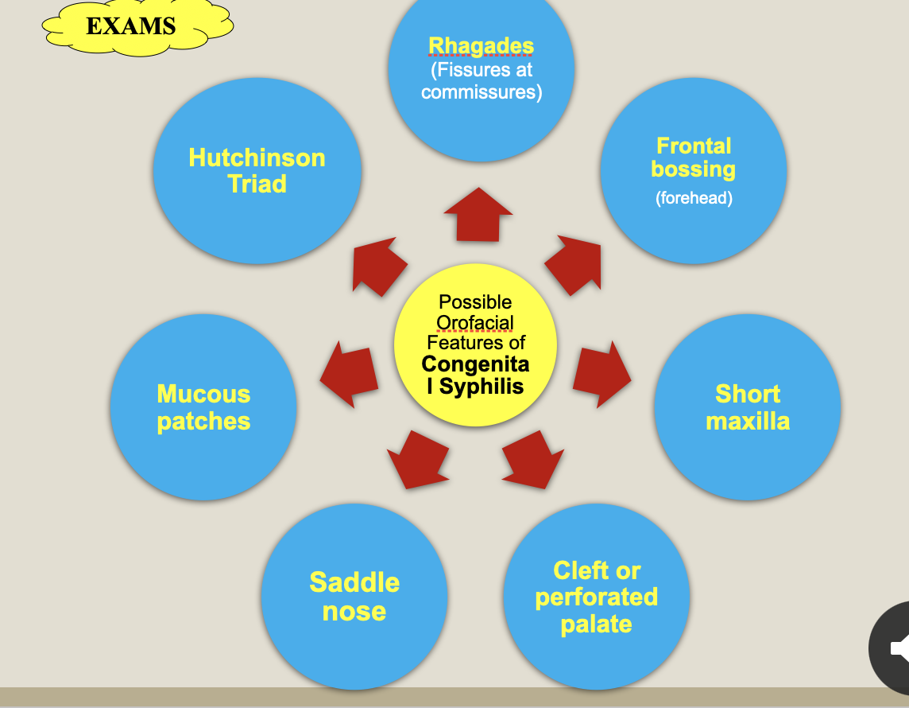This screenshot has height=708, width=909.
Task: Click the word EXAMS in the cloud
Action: (x=130, y=26)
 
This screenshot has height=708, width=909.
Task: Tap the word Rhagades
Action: (x=481, y=46)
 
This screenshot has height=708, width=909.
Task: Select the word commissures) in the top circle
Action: (x=482, y=92)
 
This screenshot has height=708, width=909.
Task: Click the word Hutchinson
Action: (x=257, y=158)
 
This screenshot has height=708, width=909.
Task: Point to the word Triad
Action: (x=257, y=184)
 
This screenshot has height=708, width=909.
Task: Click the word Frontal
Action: (x=694, y=146)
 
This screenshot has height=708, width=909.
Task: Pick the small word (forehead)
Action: (x=694, y=198)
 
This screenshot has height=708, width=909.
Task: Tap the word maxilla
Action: (x=748, y=421)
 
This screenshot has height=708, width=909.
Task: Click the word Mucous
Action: (x=203, y=394)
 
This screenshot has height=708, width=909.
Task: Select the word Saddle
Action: (x=354, y=582)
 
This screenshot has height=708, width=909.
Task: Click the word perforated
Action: (x=597, y=597)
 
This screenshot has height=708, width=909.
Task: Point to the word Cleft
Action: (x=576, y=570)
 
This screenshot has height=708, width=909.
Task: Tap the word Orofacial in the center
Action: (x=475, y=323)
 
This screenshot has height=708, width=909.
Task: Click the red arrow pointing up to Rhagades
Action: (x=478, y=215)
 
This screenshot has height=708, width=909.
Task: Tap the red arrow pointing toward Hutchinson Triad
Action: (x=378, y=265)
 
